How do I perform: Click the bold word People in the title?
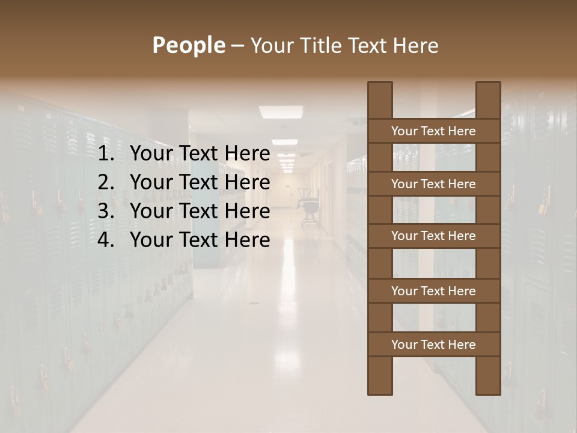[x=188, y=45]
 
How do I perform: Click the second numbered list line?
[x=183, y=182]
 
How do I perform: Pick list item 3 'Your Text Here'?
[x=200, y=211]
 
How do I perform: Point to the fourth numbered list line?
[x=183, y=240]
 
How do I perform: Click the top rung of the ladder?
[x=433, y=131]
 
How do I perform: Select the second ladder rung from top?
[x=433, y=184]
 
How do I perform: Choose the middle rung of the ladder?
[x=433, y=236]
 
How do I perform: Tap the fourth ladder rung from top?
[x=433, y=291]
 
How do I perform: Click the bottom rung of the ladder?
[x=433, y=345]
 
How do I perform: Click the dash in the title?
[x=237, y=46]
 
